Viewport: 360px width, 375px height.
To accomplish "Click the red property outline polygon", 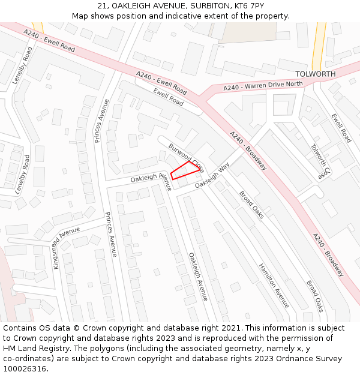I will (x=185, y=170).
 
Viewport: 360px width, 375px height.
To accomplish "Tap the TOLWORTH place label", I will (x=316, y=74).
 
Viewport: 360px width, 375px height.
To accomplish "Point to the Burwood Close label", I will (x=187, y=158).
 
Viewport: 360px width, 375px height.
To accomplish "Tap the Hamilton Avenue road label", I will (x=274, y=285).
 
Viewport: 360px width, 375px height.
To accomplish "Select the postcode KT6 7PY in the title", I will (x=247, y=6).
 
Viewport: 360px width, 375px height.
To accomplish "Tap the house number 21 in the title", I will (x=101, y=6).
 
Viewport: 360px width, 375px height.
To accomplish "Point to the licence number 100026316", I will (x=26, y=369).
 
